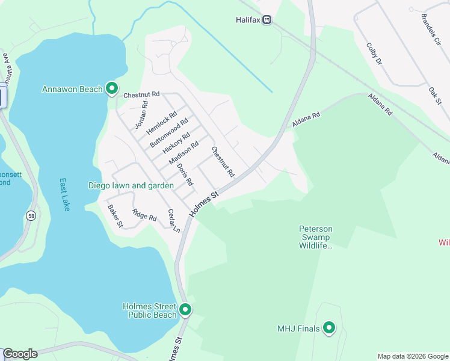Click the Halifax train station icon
coord(267,20)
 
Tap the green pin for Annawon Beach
coord(111,89)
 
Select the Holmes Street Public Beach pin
coord(185,310)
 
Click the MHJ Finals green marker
coord(328,328)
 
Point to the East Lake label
coord(64,194)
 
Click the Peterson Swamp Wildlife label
coord(316,237)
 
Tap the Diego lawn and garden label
coord(131,185)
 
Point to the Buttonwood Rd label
coord(165,134)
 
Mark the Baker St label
coord(115,216)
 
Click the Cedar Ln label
coord(174,220)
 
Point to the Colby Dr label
coord(374,53)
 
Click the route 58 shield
coord(30,215)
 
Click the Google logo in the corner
coord(20,354)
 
